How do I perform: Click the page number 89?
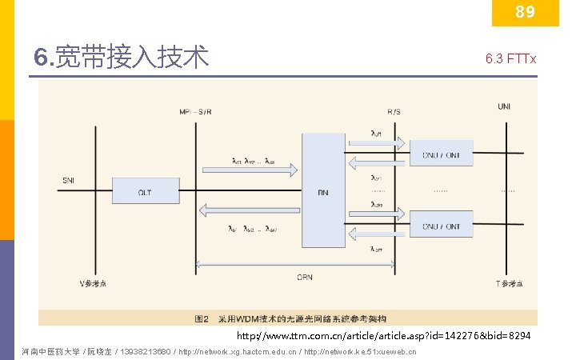point(525,12)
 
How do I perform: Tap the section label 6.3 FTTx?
point(510,59)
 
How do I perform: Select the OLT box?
point(144,192)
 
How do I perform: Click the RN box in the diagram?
point(322,192)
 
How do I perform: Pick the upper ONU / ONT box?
point(441,155)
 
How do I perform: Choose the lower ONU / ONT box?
point(441,226)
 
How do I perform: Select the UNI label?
point(505,106)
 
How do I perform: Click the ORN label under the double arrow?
point(304,278)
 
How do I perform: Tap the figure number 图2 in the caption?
point(202,318)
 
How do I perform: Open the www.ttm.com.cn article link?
point(382,334)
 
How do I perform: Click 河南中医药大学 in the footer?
point(51,351)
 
